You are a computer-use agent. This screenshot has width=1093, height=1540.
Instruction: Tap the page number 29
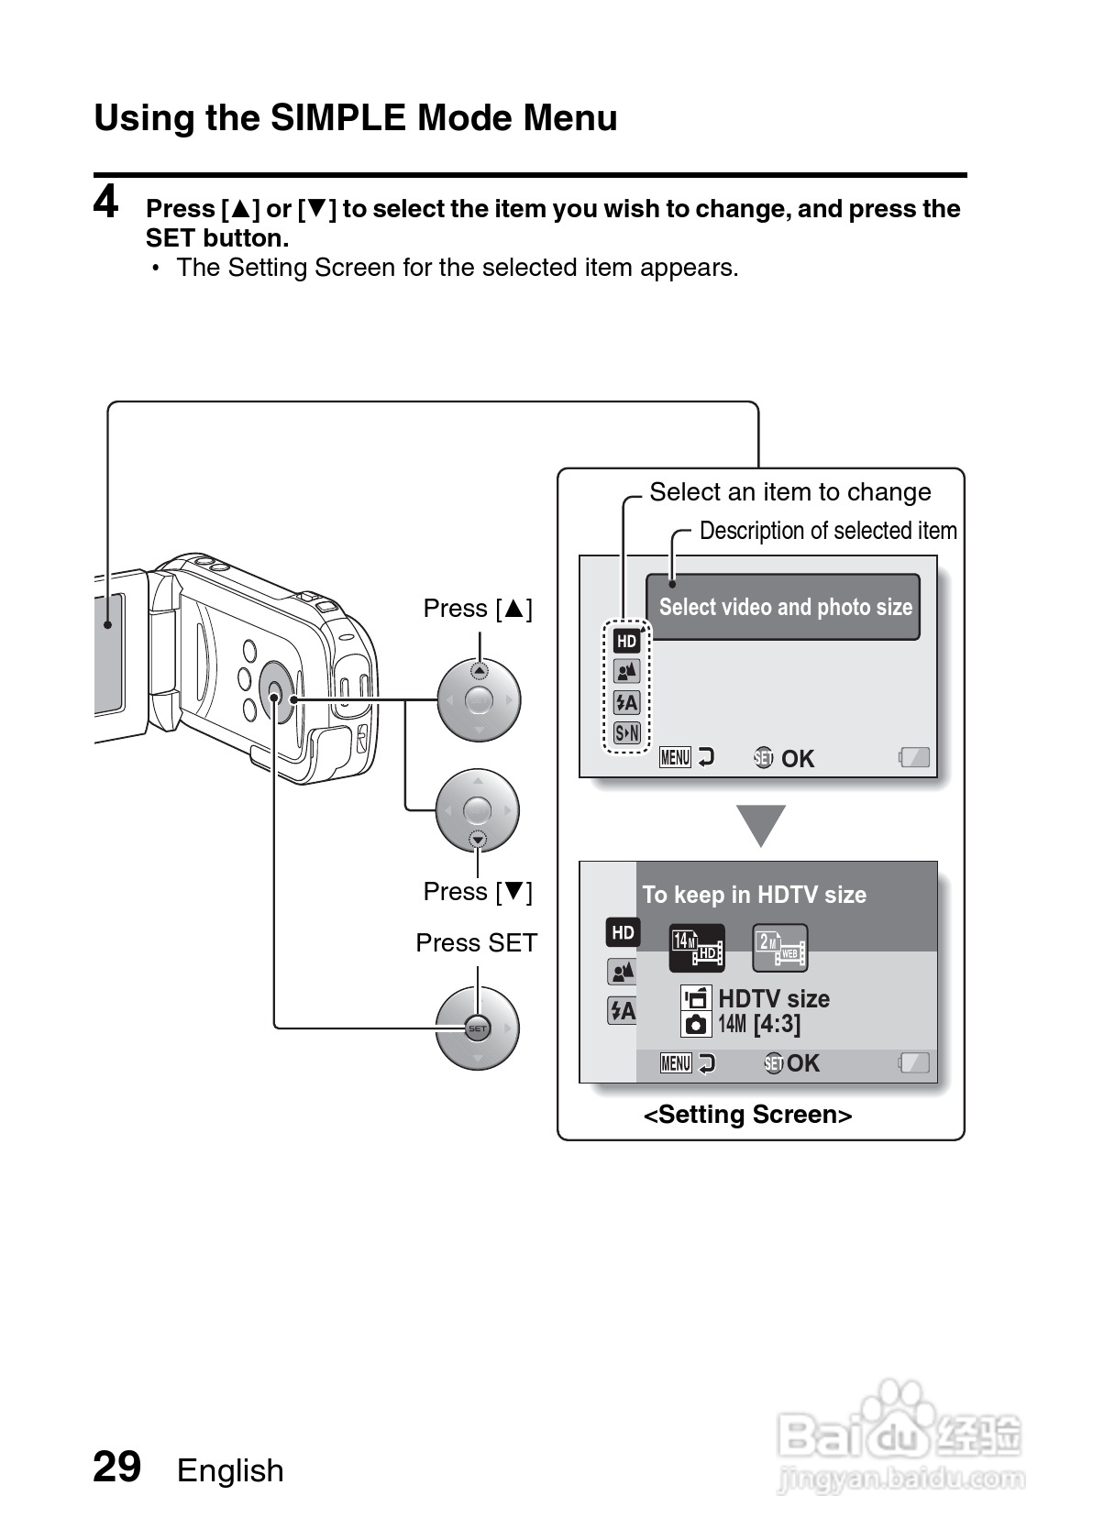coord(117,1467)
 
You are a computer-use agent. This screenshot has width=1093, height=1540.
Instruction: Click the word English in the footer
coord(230,1470)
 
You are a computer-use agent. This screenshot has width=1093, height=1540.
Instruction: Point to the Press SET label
coord(476,942)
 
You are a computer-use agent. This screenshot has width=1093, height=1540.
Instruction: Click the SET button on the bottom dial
coord(478,1028)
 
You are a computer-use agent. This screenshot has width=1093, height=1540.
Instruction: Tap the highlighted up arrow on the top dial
coord(479,671)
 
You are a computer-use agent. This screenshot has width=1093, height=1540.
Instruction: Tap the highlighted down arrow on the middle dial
coord(478,840)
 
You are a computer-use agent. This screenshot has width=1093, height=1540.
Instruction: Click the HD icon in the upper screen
coord(626,641)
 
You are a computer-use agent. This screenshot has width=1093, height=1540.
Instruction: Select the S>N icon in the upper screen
coord(627,732)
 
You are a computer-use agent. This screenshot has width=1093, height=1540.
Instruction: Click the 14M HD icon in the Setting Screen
coord(697,947)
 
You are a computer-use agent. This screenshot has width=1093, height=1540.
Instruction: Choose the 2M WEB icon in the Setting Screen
coord(779,948)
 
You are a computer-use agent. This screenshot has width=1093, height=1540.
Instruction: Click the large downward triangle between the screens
coord(761,824)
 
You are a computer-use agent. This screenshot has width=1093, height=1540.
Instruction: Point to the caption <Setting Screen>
coord(747,1115)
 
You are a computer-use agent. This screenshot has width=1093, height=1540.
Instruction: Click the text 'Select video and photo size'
coord(785,607)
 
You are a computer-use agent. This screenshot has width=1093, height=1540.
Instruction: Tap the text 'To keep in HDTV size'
coord(754,895)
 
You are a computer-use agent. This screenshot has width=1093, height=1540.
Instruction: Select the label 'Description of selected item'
coord(827,531)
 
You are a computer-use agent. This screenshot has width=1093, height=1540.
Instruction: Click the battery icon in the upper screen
coord(914,757)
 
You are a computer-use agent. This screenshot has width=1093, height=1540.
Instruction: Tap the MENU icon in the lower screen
coord(676,1063)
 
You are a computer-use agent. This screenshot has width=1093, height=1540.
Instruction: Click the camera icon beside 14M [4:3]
coord(696,1024)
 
